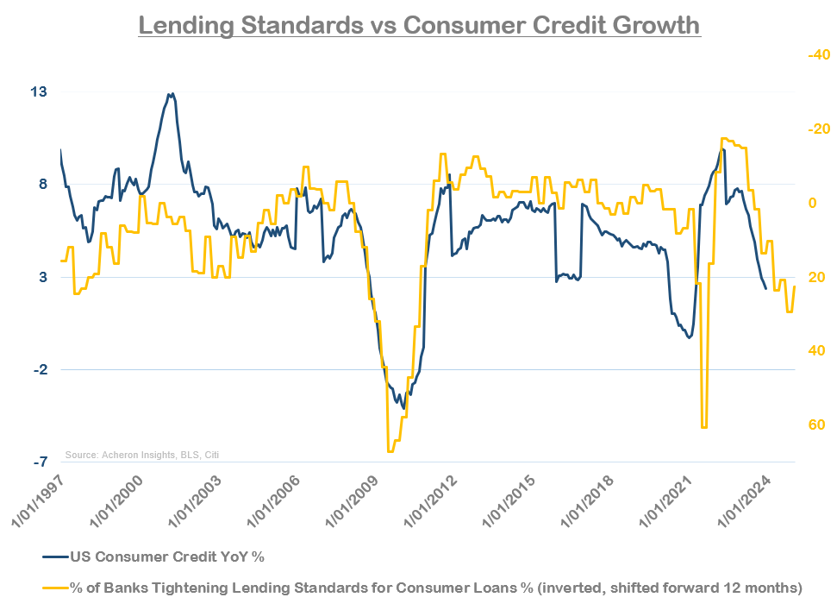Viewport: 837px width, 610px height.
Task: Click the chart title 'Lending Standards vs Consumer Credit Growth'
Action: (x=419, y=25)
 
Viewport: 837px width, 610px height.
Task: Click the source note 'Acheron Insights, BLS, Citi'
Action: (x=142, y=455)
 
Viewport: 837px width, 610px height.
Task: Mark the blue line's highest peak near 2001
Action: (x=172, y=94)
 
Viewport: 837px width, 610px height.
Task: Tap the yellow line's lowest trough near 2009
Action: (x=390, y=451)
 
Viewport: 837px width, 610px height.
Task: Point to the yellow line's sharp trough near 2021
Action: (x=704, y=426)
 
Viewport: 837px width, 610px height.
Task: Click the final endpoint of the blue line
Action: (x=766, y=289)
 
